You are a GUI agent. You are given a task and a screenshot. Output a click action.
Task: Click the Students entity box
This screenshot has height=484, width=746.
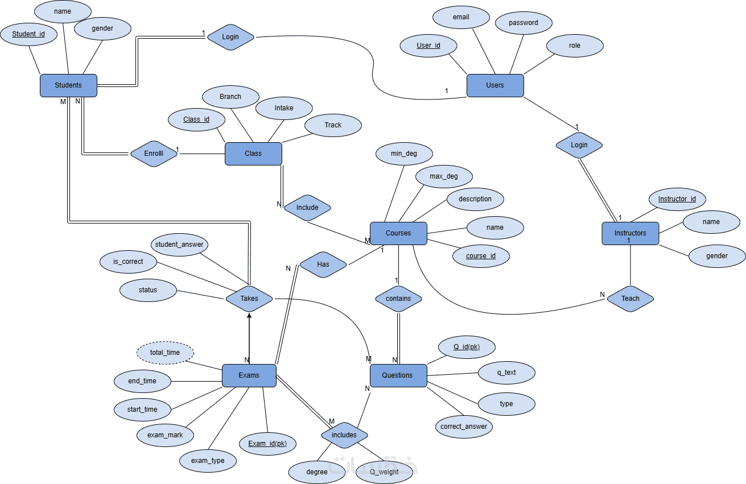68,85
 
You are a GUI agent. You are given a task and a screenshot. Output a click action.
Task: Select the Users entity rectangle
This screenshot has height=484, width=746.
494,85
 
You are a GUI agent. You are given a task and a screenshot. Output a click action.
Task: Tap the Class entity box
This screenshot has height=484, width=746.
253,154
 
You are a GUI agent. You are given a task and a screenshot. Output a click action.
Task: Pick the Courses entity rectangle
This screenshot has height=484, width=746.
398,233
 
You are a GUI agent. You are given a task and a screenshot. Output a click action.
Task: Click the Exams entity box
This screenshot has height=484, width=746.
249,375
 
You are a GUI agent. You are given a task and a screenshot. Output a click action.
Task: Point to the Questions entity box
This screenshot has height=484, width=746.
398,375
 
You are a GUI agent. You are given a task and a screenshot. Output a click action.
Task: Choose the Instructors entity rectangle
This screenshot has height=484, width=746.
630,234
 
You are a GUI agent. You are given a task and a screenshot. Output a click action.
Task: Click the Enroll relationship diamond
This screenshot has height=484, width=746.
154,154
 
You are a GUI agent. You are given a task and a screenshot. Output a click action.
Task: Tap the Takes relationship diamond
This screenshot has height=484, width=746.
249,299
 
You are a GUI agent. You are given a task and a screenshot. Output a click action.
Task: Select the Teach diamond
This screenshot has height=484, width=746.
630,299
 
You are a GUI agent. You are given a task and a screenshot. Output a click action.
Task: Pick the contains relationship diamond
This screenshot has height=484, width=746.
398,299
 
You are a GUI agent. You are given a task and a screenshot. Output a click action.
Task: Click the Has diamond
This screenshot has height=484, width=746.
323,264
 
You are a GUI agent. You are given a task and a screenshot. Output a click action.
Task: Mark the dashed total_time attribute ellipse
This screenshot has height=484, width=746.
165,353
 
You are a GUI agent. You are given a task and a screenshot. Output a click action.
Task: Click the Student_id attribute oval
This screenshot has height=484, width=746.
28,34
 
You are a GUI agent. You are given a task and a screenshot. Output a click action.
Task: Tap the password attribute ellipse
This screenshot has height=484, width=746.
523,23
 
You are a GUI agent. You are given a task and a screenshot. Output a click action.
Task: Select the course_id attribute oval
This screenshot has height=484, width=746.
481,256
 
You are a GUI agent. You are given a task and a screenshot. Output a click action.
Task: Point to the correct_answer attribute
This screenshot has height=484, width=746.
464,427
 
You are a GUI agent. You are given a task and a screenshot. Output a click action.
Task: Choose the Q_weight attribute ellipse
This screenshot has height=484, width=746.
384,472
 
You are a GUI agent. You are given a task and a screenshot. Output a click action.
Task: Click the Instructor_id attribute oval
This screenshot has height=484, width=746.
677,199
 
